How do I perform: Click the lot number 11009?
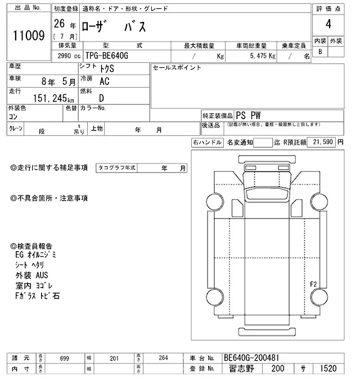(x=29, y=35)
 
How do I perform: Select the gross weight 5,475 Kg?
(x=260, y=56)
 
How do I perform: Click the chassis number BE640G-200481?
(x=252, y=357)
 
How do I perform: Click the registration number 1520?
(x=327, y=369)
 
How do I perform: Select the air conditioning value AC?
(x=104, y=81)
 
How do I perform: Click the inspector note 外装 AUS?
(x=32, y=275)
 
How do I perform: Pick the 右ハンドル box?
(x=207, y=143)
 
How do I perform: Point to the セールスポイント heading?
(x=177, y=67)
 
